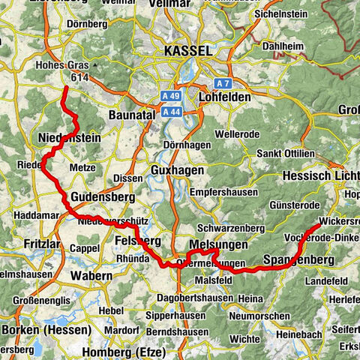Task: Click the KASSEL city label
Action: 184,51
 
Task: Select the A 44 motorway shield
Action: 172,111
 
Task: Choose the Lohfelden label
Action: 229,98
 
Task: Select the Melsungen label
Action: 217,245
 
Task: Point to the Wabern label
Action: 91,276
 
